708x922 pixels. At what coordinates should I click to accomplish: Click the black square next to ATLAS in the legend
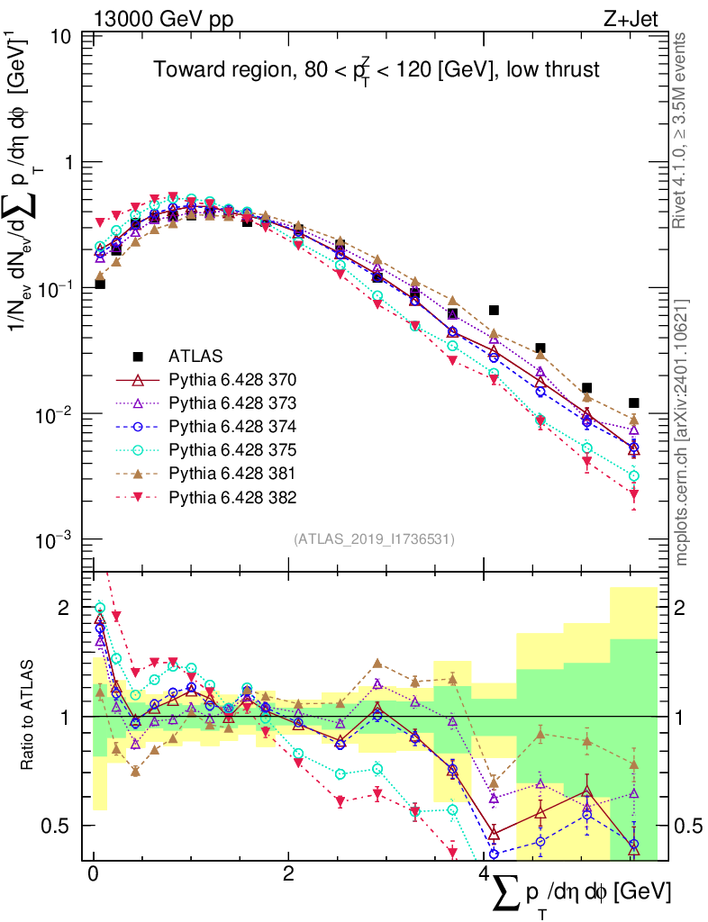[x=138, y=356]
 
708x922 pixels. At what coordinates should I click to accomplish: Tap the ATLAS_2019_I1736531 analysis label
[x=374, y=539]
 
